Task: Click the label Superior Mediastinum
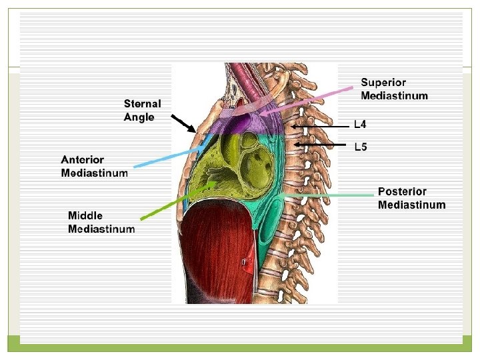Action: pyautogui.click(x=394, y=89)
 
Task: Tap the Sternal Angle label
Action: pyautogui.click(x=142, y=111)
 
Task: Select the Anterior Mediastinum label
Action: pyautogui.click(x=94, y=167)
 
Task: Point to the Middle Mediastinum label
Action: pyautogui.click(x=101, y=222)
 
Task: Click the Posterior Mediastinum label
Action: pyautogui.click(x=411, y=199)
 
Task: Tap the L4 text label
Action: pyautogui.click(x=360, y=124)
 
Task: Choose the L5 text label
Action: pyautogui.click(x=360, y=147)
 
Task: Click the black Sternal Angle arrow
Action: pyautogui.click(x=183, y=123)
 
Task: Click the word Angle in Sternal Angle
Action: pyautogui.click(x=139, y=117)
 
